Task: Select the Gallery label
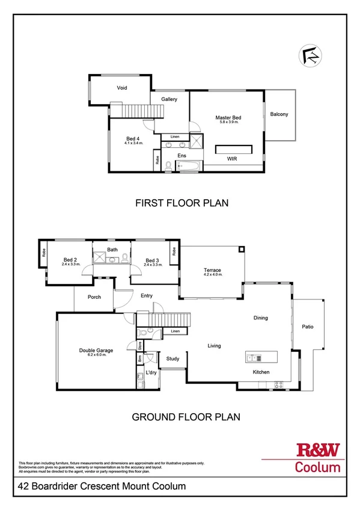coord(169,99)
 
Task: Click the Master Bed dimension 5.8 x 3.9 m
coord(228,122)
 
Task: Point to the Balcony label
coord(279,114)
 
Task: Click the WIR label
coord(231,159)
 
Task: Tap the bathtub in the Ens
coord(186,167)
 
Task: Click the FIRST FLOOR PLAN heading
coord(182,203)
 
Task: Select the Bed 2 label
coord(71,260)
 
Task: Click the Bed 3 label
coord(151,260)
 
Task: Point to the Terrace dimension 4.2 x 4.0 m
coord(212,275)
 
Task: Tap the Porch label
coord(94,297)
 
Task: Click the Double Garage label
coord(96,350)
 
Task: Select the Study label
coord(173,359)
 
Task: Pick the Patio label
coord(308,327)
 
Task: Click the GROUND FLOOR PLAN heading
coord(186,416)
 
